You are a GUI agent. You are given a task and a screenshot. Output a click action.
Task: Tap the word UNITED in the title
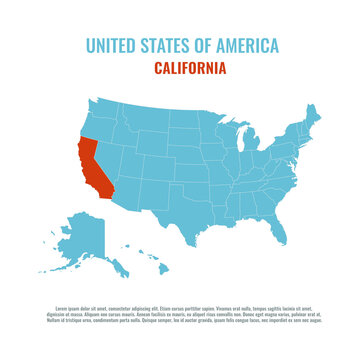tap(112, 46)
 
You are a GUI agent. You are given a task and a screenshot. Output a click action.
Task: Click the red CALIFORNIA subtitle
tap(190, 68)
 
